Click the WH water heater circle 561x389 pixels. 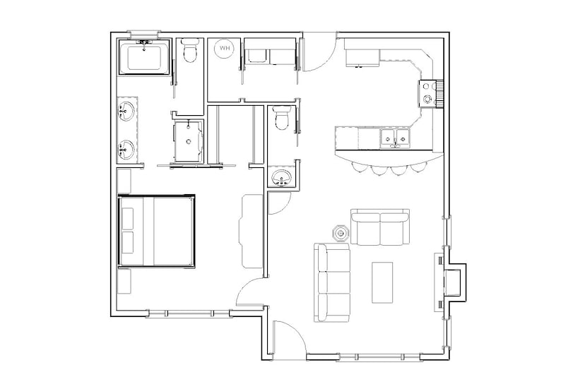coord(224,48)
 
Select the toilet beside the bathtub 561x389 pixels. coord(189,53)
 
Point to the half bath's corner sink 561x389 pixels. coord(281,177)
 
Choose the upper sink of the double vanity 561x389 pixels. coord(127,112)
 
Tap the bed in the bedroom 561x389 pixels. coord(156,231)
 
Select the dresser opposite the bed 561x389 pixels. coord(251,230)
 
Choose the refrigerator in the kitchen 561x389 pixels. coord(362,54)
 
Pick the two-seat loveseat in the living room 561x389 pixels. coord(382,227)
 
